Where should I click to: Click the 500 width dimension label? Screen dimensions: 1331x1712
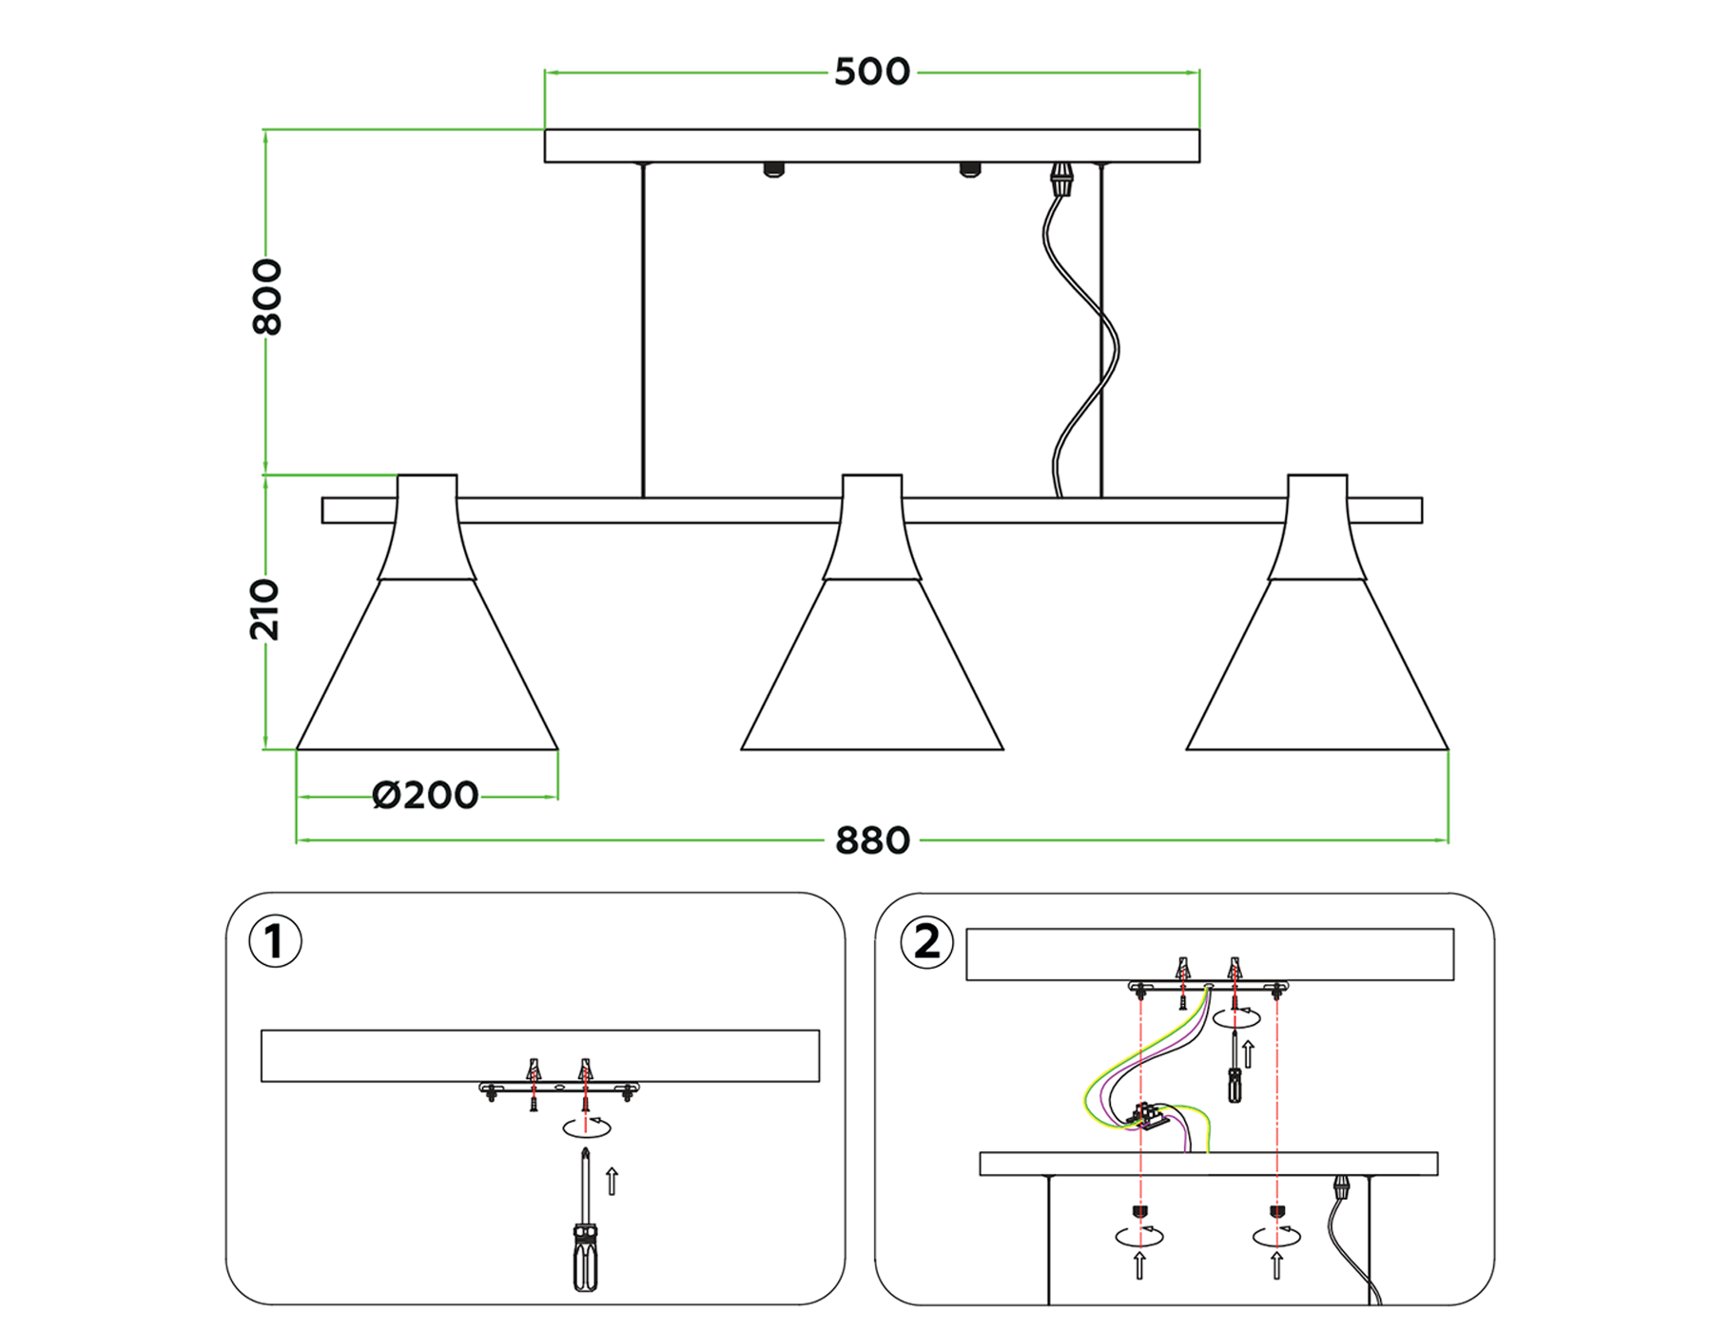click(x=871, y=72)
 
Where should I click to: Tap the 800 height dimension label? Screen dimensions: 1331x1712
click(x=267, y=297)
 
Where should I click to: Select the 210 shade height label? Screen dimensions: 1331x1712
click(x=265, y=609)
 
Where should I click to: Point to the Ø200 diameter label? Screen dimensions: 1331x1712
click(x=425, y=796)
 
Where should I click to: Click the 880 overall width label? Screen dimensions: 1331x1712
click(x=872, y=841)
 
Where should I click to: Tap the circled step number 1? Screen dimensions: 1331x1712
click(x=275, y=941)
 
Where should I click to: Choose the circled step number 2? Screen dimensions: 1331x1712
click(x=926, y=942)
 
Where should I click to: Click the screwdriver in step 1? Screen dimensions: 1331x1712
click(x=585, y=1226)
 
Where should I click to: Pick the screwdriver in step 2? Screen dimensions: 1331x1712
click(x=1235, y=1070)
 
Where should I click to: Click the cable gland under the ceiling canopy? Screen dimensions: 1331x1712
click(x=1060, y=178)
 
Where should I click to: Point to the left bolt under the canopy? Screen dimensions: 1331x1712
click(x=774, y=170)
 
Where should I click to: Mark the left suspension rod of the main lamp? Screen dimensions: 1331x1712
click(x=643, y=329)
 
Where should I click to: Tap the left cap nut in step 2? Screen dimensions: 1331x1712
click(x=1139, y=1211)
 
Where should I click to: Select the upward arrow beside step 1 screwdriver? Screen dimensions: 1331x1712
click(x=613, y=1181)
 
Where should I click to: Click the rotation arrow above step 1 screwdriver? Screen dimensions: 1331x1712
click(x=587, y=1128)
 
